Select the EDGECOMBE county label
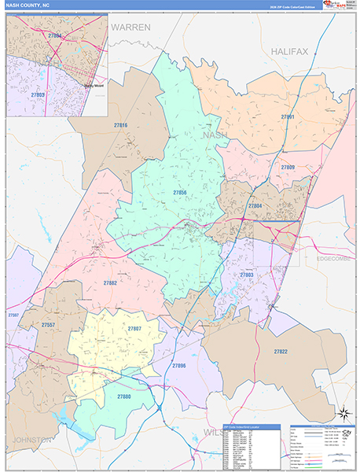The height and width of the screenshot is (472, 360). click(x=336, y=258)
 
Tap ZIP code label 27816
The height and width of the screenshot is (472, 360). click(x=120, y=125)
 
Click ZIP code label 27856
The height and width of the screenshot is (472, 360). click(x=180, y=192)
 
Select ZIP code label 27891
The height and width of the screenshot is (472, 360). click(x=288, y=117)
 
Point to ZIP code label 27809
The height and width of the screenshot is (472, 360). click(x=288, y=168)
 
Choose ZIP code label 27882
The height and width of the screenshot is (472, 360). click(x=110, y=282)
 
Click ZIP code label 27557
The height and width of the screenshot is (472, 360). click(x=49, y=324)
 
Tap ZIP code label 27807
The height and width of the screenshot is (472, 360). click(x=134, y=329)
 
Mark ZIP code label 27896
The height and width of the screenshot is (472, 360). click(x=179, y=366)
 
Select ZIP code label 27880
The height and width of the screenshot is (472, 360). click(x=124, y=396)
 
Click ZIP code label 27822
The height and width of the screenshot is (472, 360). click(x=281, y=351)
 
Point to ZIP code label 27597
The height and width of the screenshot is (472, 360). click(x=13, y=315)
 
